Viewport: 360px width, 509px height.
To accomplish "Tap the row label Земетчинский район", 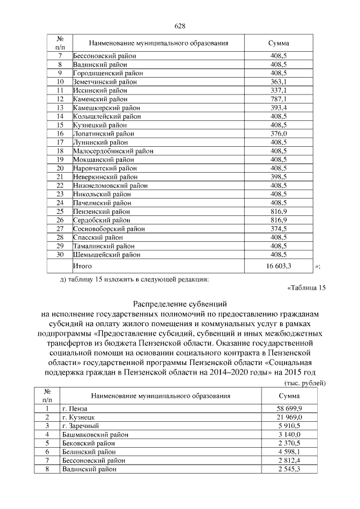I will (105, 82).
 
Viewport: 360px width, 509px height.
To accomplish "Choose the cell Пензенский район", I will (101, 211).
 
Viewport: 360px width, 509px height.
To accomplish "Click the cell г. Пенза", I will (75, 408).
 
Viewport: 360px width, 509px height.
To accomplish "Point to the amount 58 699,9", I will (289, 408).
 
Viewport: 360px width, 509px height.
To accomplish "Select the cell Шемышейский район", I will (106, 254).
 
